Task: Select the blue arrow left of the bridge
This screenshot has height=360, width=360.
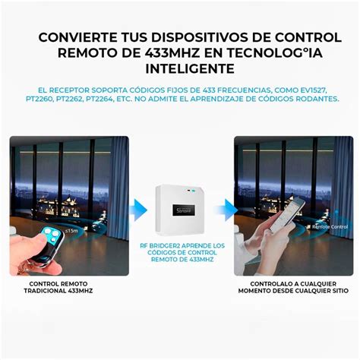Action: pyautogui.click(x=137, y=208)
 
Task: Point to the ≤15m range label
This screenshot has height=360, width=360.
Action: pyautogui.click(x=71, y=229)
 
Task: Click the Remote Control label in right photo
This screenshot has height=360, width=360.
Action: pyautogui.click(x=327, y=226)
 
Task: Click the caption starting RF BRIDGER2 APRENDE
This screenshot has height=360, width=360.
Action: pyautogui.click(x=182, y=253)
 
